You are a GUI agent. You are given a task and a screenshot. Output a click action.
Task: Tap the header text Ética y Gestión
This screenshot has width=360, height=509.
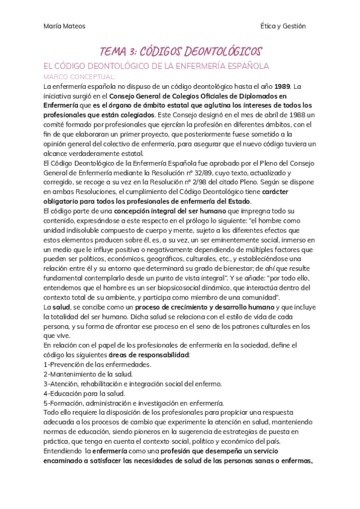pyautogui.click(x=283, y=26)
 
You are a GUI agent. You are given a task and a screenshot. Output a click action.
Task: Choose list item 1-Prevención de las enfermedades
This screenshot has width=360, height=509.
pyautogui.click(x=97, y=364)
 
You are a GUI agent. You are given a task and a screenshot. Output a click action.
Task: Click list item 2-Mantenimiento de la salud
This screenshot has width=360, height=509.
pyautogui.click(x=88, y=373)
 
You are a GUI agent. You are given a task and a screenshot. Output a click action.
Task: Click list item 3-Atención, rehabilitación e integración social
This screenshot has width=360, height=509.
pyautogui.click(x=133, y=383)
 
